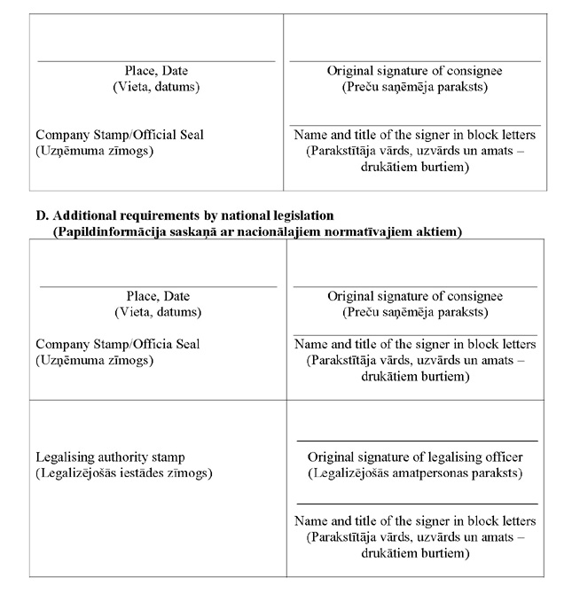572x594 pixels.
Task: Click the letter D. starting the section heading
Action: [x=41, y=215]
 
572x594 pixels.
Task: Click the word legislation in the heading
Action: [x=297, y=215]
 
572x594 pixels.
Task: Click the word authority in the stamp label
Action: [x=127, y=457]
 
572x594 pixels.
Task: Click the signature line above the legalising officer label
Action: [x=417, y=441]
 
